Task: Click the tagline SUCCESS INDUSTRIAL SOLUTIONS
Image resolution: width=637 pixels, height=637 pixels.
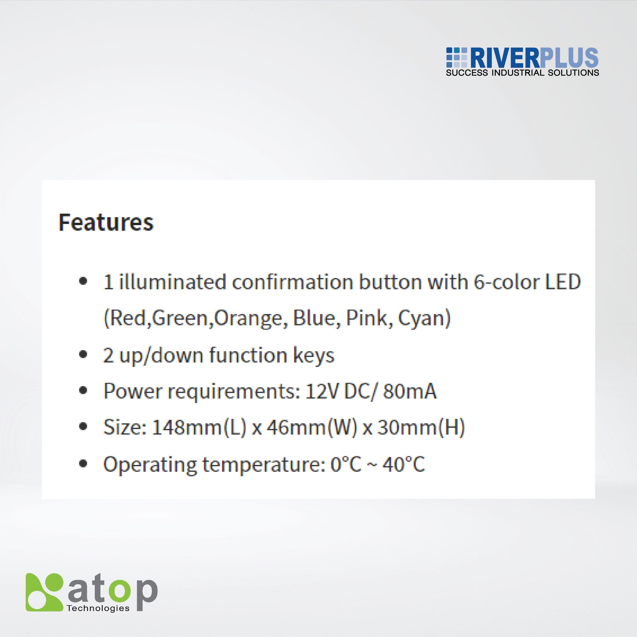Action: coord(522,73)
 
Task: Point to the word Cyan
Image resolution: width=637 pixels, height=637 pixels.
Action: coord(424,319)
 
